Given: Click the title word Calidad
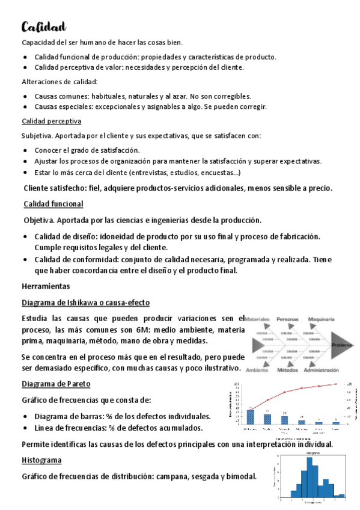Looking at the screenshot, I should click(44, 26).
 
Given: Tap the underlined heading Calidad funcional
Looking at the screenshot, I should click(53, 204).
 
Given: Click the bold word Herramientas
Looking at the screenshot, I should click(45, 286).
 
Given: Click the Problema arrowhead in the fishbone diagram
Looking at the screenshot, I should click(342, 345).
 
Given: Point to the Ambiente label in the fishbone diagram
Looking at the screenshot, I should click(257, 370).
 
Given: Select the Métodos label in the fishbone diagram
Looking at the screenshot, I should click(288, 370).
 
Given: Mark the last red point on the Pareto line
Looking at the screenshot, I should click(335, 384).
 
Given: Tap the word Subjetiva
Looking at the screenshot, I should click(37, 136).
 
